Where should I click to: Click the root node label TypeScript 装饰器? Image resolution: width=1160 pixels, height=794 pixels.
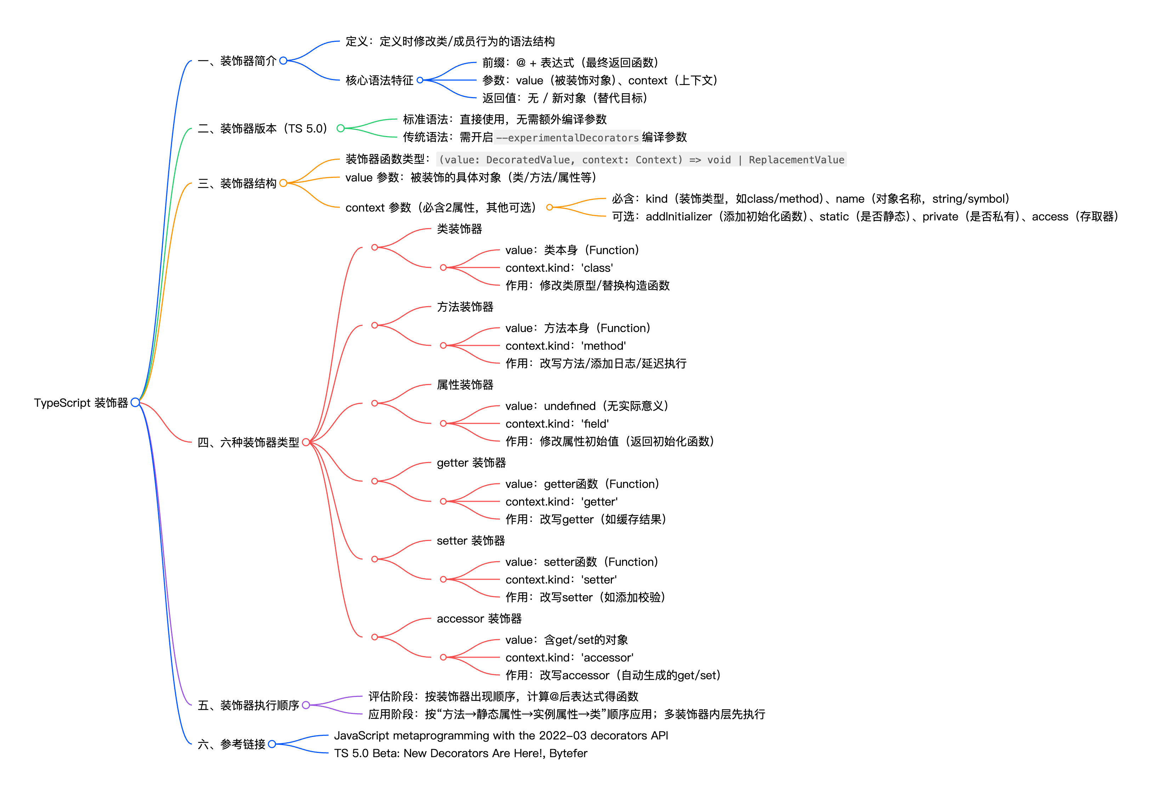click(81, 403)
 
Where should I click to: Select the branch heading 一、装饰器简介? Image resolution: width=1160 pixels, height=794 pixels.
click(237, 61)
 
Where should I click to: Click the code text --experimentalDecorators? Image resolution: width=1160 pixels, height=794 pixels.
click(567, 138)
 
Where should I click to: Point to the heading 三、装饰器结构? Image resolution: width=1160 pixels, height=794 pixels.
click(237, 183)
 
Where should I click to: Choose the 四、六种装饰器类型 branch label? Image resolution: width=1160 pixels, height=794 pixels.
click(248, 443)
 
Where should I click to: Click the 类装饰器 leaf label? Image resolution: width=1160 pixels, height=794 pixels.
click(459, 229)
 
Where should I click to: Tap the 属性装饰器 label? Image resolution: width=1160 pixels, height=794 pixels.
click(465, 385)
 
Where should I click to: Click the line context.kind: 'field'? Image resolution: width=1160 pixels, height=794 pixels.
click(557, 424)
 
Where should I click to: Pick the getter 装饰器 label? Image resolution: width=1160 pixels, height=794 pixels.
click(471, 463)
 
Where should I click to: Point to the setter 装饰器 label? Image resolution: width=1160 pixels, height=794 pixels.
click(470, 541)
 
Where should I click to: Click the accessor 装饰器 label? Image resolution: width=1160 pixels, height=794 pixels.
click(479, 619)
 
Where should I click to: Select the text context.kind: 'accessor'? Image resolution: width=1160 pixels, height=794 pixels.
click(569, 658)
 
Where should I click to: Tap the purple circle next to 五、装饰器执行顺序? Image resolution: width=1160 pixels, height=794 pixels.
click(306, 705)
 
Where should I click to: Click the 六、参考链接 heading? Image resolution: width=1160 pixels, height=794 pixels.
click(232, 744)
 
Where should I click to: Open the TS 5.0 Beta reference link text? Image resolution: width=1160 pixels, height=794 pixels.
click(460, 754)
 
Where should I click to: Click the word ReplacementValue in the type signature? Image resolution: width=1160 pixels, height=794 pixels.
click(796, 160)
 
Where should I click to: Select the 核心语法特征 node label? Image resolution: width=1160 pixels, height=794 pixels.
click(379, 80)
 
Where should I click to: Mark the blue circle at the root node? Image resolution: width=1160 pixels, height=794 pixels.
click(135, 402)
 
